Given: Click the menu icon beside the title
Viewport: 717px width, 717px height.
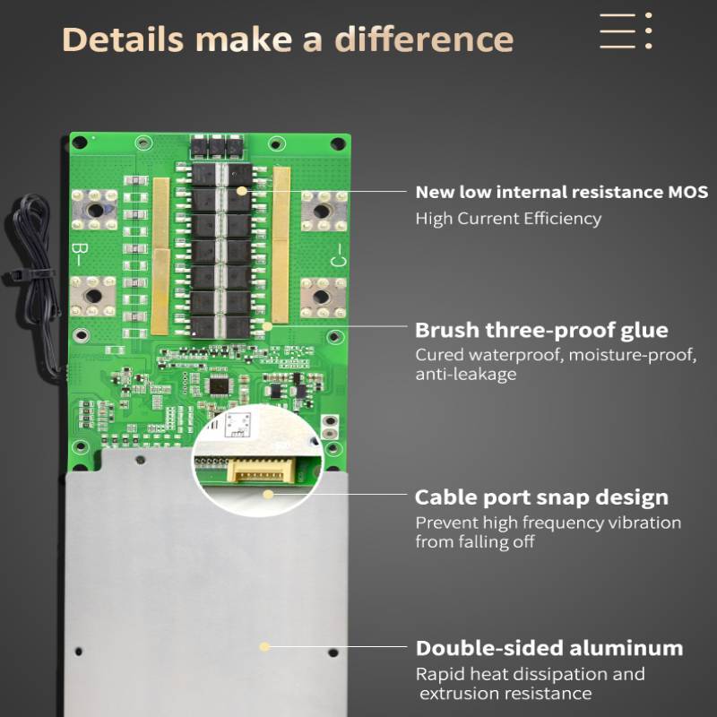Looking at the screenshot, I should click(625, 31).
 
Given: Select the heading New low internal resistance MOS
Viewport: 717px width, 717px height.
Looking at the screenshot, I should click(561, 192).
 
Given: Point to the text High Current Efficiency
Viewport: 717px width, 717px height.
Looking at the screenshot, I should click(508, 218).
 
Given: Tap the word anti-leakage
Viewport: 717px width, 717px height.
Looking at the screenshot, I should click(465, 374).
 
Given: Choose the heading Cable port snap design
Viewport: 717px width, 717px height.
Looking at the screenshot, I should click(541, 497).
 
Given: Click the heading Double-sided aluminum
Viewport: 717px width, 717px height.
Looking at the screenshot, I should click(549, 648).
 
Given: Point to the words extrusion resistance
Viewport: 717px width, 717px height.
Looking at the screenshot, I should click(505, 693).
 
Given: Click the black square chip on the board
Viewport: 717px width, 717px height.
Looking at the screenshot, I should click(219, 386).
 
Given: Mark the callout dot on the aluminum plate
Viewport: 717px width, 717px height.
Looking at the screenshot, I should click(264, 645).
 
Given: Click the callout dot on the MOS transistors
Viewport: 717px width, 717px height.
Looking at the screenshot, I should click(241, 191).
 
